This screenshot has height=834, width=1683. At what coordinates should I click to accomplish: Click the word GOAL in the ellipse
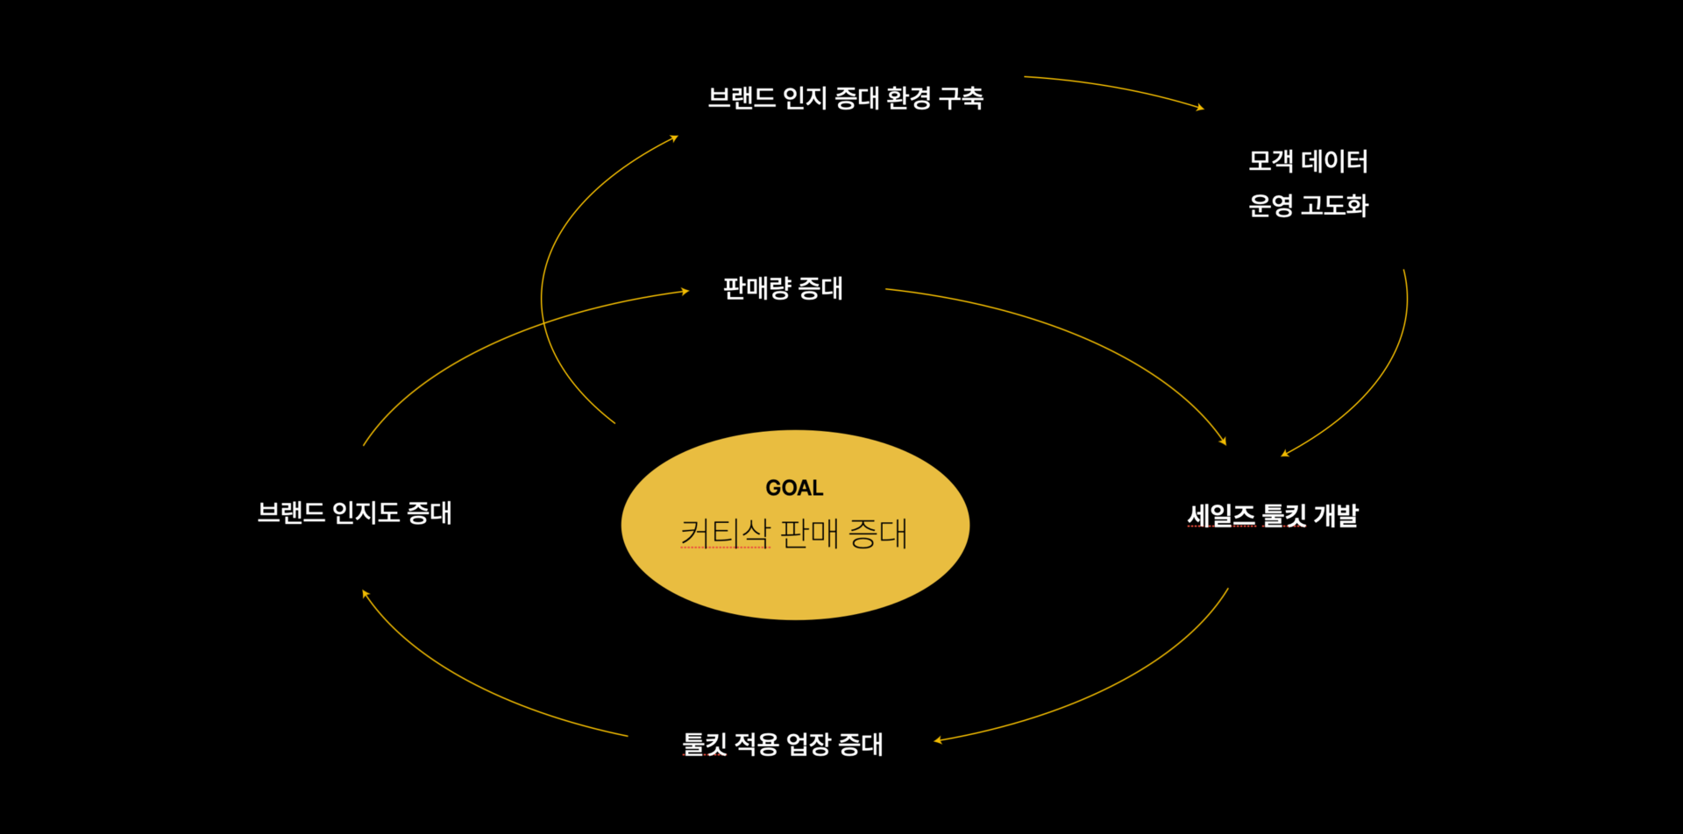click(x=794, y=488)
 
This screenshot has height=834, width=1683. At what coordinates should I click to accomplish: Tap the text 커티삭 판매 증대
click(x=794, y=533)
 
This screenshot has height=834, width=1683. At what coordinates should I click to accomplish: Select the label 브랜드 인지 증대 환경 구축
click(x=846, y=97)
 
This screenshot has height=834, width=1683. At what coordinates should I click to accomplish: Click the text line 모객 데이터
click(x=1308, y=161)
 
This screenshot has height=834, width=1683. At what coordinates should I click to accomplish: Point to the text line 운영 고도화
click(x=1308, y=205)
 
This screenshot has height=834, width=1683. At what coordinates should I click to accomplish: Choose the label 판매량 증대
click(x=783, y=288)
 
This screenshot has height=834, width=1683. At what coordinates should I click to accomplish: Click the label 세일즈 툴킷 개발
click(x=1273, y=515)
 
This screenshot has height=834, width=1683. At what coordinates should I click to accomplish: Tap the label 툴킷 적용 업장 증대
click(x=783, y=744)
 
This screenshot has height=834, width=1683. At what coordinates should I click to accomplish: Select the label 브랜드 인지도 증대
click(x=355, y=512)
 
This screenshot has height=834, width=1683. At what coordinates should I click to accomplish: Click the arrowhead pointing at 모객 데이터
click(x=1200, y=107)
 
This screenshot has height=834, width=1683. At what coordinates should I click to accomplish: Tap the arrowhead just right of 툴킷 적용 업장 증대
click(x=938, y=740)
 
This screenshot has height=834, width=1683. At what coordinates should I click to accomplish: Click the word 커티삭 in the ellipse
click(x=725, y=533)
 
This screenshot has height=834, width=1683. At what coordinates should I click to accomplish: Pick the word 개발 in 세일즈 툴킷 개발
click(x=1336, y=515)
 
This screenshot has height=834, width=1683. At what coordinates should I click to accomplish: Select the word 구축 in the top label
click(x=961, y=97)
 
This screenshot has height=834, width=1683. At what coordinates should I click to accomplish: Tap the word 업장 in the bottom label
click(x=808, y=744)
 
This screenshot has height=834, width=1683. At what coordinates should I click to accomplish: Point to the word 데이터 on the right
click(x=1334, y=161)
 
